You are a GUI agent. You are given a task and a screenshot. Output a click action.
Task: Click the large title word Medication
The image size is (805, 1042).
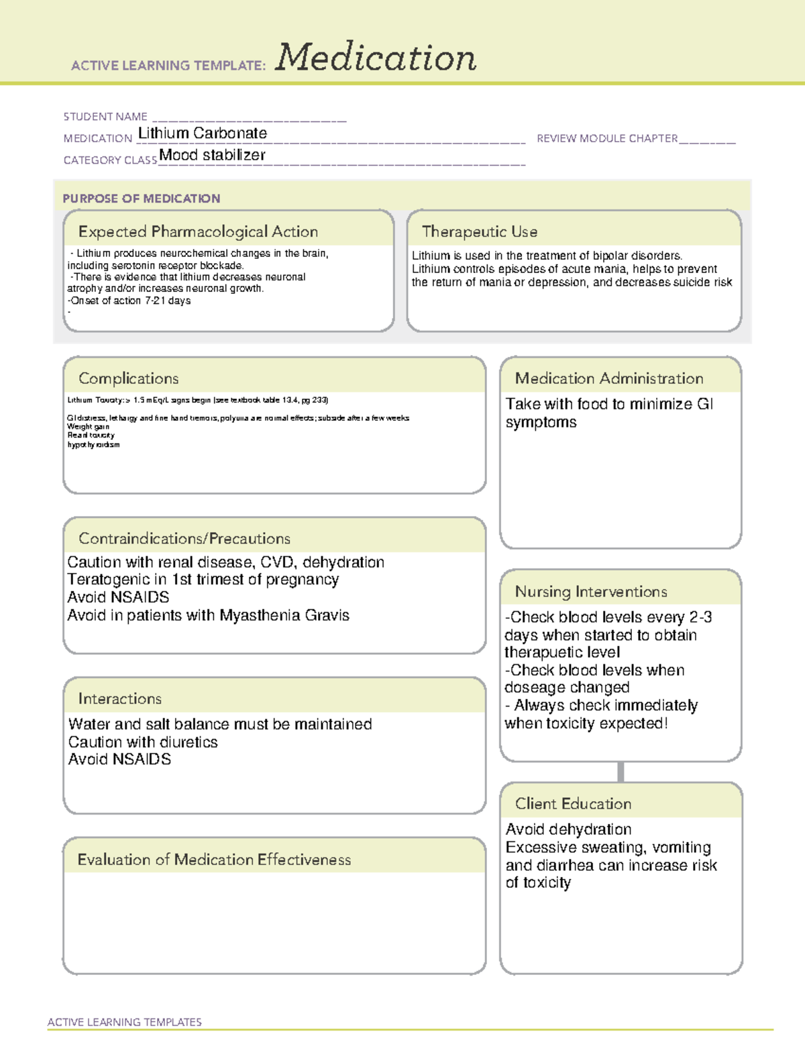(x=376, y=58)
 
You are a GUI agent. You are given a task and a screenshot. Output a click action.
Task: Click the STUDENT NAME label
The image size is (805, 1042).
(x=105, y=117)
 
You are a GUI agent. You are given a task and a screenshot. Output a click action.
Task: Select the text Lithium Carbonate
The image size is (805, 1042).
(x=202, y=134)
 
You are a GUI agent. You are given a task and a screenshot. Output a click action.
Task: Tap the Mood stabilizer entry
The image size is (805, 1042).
(x=212, y=155)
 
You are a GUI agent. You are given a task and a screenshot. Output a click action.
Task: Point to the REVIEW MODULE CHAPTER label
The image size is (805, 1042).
(x=607, y=138)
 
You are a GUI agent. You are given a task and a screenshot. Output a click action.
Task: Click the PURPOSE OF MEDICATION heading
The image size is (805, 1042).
(x=142, y=199)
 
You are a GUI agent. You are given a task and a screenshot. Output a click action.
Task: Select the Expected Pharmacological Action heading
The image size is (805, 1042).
(x=198, y=231)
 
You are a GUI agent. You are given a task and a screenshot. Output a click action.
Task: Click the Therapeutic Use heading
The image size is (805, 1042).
(x=480, y=231)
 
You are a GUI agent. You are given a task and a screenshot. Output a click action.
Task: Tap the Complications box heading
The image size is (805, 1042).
(x=129, y=378)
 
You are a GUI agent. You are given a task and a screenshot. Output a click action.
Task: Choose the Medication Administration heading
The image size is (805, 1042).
(x=609, y=378)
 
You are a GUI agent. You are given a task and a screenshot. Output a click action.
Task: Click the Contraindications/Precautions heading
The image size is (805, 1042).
(x=184, y=539)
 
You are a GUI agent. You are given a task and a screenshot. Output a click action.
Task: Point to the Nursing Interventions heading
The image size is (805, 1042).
(x=591, y=592)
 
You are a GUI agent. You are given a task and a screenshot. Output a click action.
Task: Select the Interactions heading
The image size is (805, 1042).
(x=120, y=699)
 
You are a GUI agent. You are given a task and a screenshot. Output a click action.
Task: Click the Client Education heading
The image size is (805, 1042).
(x=574, y=804)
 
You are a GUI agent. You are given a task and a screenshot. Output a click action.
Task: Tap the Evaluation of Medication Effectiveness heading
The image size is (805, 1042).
(x=214, y=859)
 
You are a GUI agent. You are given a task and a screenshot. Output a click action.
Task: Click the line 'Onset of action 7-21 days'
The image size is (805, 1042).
(x=130, y=301)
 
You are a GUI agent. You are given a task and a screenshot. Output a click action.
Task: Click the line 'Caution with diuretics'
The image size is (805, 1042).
(x=143, y=742)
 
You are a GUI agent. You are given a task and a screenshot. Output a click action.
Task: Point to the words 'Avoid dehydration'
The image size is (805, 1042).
(x=569, y=829)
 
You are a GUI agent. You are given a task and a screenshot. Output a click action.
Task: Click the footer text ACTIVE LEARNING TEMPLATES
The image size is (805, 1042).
(x=125, y=1022)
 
